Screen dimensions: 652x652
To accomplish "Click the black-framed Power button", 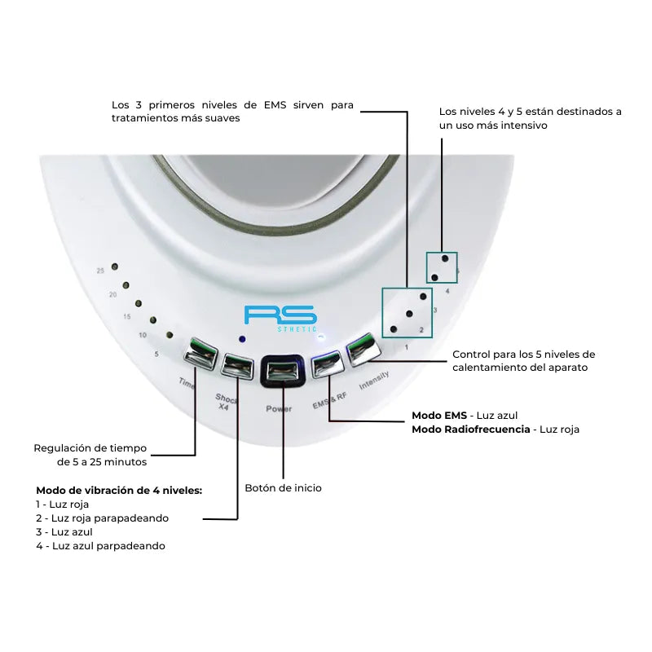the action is pos(283,371).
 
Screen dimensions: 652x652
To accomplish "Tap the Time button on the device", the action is pos(200,354).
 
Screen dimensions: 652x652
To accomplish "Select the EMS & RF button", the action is pos(328,364).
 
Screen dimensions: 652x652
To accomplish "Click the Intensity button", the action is pos(363,350).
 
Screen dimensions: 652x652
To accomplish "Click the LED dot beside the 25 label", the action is pos(115,267).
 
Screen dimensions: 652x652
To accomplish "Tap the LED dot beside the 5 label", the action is pos(170,335).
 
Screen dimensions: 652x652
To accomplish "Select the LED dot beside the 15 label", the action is pos(139,303).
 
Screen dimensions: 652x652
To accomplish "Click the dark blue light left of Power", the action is pos(242,339).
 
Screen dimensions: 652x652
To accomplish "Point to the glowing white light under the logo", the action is pos(321,337).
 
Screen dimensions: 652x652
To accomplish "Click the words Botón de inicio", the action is pos(283,487).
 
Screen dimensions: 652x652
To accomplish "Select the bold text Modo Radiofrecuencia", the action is pos(471,430).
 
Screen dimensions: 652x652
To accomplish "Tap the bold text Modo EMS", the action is pos(439,416).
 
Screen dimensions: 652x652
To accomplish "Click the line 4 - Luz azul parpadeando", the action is pos(100,546).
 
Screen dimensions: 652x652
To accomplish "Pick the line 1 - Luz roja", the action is pos(63,504).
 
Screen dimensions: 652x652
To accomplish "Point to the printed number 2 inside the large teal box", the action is pos(421,330).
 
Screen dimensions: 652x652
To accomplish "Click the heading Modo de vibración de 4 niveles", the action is pos(119,491).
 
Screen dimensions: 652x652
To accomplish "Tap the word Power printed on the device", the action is pos(279,409).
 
